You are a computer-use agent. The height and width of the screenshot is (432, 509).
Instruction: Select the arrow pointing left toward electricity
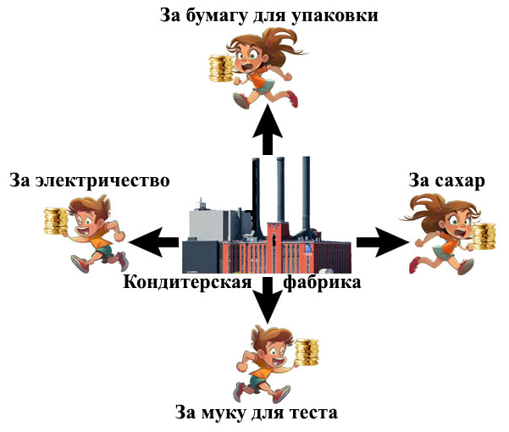pos(157,241)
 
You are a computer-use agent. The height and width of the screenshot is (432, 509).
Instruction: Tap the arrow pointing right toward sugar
pos(378,241)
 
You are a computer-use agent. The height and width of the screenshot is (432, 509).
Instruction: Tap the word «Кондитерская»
pos(187,282)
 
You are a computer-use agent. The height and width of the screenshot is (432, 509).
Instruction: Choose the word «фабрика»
pos(323,282)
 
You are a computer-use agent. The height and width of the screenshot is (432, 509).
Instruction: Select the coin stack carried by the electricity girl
pos(57,222)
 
